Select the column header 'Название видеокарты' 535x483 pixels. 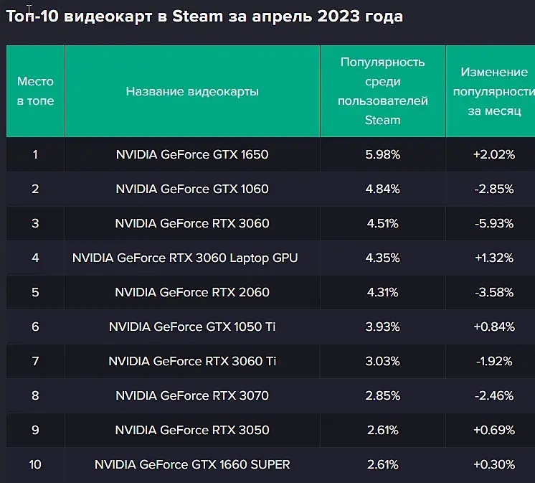pyautogui.click(x=192, y=91)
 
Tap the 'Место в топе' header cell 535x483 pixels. pyautogui.click(x=35, y=91)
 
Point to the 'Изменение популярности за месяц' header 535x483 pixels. pyautogui.click(x=493, y=91)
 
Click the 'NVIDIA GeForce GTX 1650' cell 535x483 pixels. pyautogui.click(x=192, y=154)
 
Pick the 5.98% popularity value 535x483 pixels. pyautogui.click(x=382, y=154)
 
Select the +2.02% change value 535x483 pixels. pyautogui.click(x=493, y=154)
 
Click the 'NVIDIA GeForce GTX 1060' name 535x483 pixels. pyautogui.click(x=192, y=189)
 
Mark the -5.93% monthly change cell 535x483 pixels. pyautogui.click(x=493, y=223)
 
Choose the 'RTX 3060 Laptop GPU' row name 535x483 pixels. pyautogui.click(x=185, y=258)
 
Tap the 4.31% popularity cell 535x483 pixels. pyautogui.click(x=382, y=292)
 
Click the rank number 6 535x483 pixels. pyautogui.click(x=35, y=327)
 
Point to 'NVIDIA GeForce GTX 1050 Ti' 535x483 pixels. pyautogui.click(x=192, y=327)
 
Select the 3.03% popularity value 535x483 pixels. pyautogui.click(x=382, y=361)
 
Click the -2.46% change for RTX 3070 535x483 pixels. pyautogui.click(x=493, y=395)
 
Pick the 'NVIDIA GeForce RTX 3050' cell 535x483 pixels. pyautogui.click(x=192, y=430)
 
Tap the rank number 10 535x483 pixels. pyautogui.click(x=35, y=464)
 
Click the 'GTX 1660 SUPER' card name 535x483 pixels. pyautogui.click(x=192, y=464)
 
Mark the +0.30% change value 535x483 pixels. pyautogui.click(x=493, y=464)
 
